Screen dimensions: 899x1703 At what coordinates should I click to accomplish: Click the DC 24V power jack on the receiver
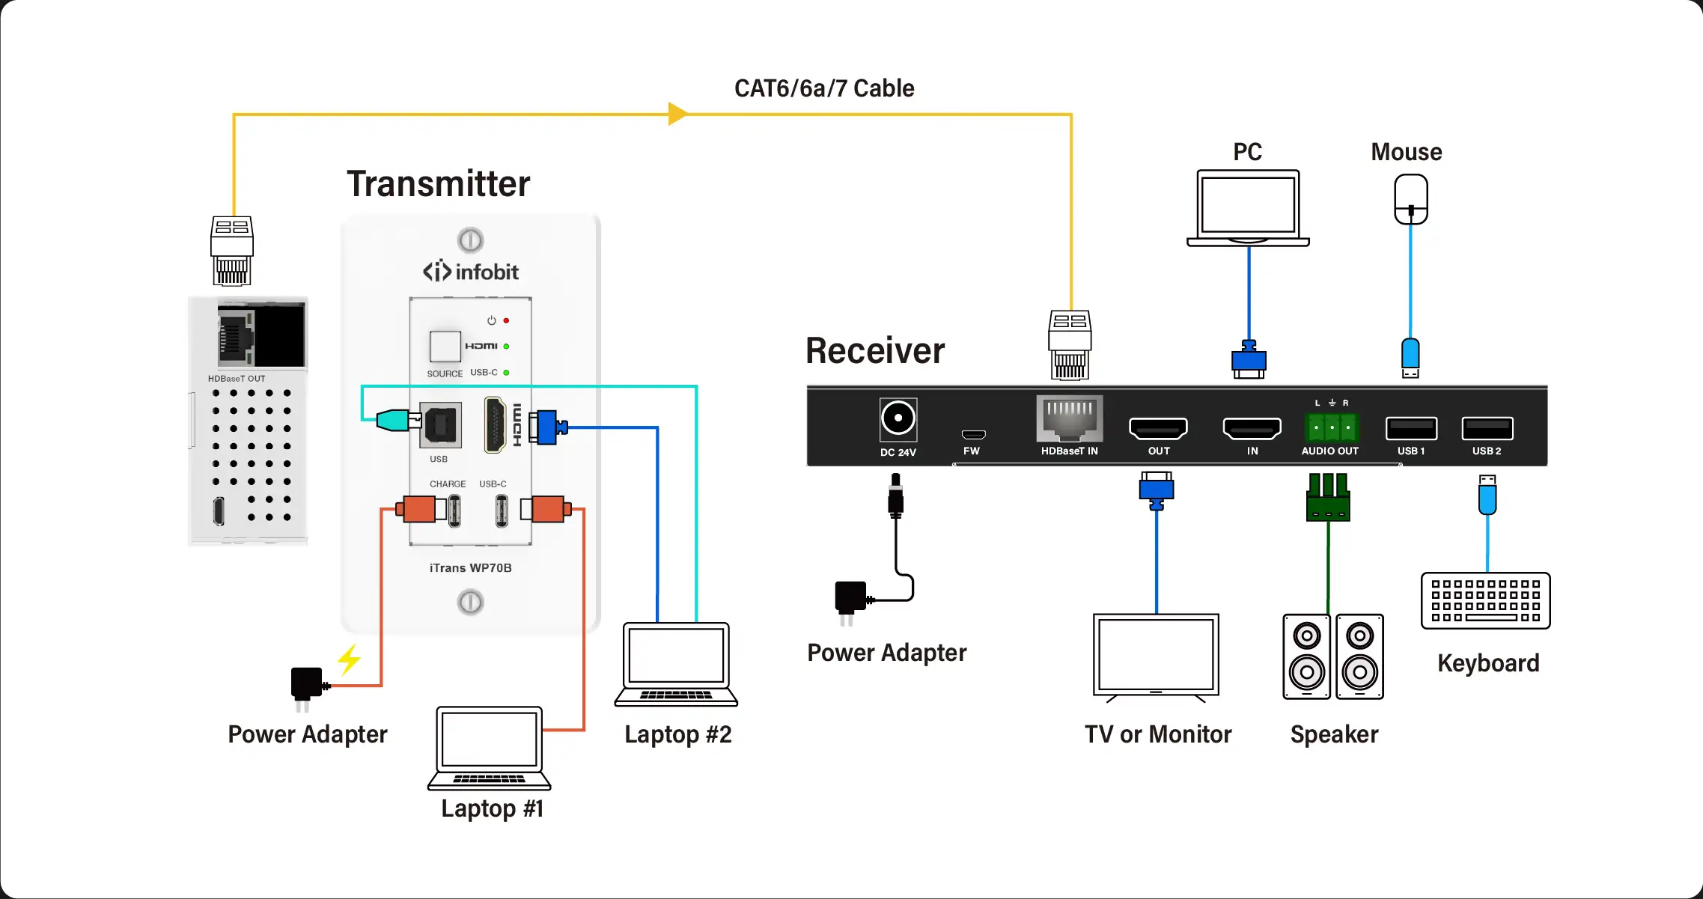[898, 418]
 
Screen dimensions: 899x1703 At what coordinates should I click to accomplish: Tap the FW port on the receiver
[973, 434]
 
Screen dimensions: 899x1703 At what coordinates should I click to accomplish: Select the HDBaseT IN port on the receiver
[1070, 419]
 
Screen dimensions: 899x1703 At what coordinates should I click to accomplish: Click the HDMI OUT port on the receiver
[1158, 428]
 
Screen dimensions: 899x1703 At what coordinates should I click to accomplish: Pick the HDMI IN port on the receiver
[1252, 428]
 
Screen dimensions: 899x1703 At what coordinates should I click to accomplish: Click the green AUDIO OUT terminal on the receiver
[1332, 427]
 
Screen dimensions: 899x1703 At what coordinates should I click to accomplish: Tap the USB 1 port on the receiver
[1411, 428]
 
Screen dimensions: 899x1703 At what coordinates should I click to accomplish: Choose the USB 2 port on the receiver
[1487, 428]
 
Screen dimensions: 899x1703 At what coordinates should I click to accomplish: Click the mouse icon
[1410, 199]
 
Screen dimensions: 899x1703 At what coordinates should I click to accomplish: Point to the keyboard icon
[1485, 600]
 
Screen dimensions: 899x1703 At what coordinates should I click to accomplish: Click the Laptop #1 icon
[490, 747]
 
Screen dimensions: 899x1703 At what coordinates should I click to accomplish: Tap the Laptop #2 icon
[676, 663]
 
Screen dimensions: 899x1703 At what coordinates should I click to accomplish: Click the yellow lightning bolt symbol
[349, 659]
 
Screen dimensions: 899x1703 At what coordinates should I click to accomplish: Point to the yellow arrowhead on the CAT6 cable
[677, 114]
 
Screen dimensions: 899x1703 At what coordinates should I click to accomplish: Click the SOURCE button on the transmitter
[445, 347]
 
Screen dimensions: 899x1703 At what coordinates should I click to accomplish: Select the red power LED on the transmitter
[506, 320]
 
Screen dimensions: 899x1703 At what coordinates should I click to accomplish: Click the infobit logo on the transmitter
[470, 271]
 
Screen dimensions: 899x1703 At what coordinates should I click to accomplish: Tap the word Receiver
[874, 350]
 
